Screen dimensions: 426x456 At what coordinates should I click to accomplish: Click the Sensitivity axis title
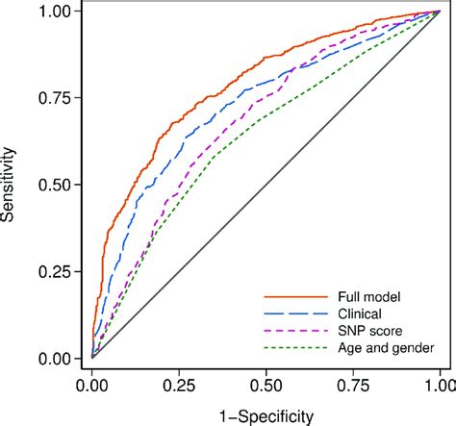coord(12,184)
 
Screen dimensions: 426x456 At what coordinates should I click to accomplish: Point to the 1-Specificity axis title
coord(266,414)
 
